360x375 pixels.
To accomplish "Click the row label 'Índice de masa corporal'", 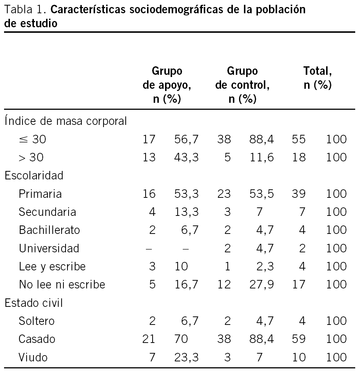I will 66,121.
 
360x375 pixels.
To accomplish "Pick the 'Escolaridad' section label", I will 34,175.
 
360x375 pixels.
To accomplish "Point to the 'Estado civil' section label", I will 34,303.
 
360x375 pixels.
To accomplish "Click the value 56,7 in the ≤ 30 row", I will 186,139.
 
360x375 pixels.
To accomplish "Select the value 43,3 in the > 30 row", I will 186,157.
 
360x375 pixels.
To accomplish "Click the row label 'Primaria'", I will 40,194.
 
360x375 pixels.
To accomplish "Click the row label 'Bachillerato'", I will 49,230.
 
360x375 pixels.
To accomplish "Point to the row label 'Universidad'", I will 49,248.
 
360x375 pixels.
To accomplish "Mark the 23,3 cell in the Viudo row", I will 186,357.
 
